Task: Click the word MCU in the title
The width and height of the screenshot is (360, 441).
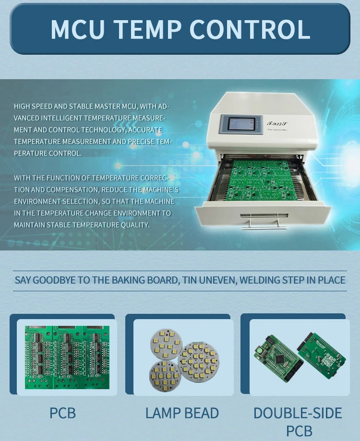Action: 78,29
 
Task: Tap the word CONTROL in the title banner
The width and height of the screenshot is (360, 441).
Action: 250,29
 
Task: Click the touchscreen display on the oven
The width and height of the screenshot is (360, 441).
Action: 241,123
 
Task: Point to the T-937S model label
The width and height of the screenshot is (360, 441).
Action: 277,123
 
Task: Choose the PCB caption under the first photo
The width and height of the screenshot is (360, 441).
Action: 63,413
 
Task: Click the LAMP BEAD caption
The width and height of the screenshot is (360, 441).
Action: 182,413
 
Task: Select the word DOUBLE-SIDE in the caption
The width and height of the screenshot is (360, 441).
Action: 298,413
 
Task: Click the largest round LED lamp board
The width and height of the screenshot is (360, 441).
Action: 198,360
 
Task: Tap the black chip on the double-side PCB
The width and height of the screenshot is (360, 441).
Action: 280,358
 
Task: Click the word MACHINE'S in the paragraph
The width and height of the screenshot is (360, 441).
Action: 161,190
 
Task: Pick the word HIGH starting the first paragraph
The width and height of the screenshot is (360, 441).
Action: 22,107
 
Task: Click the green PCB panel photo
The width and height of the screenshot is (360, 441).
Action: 67,358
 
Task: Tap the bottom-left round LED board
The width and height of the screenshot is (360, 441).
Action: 165,376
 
